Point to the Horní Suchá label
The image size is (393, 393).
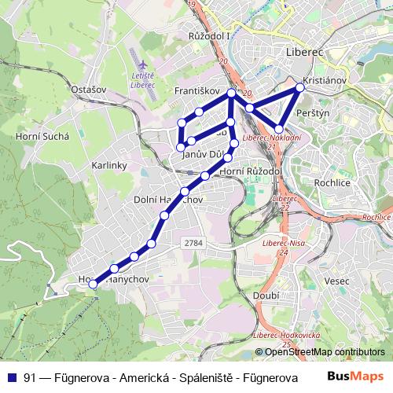coord(42,135)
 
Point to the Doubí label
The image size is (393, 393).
coord(267,295)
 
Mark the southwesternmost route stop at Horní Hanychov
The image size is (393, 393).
coord(94,283)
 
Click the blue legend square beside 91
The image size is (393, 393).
coord(13,378)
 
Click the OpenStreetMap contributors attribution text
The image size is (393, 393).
coord(322,352)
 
